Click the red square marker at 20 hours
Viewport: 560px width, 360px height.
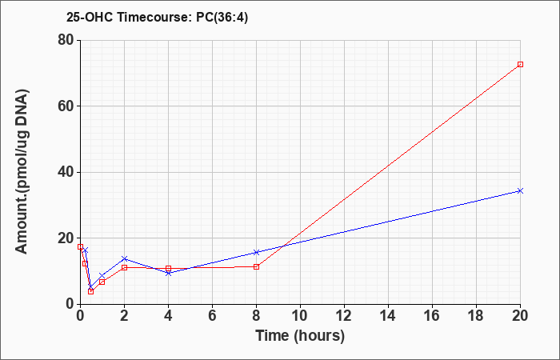[x=520, y=64]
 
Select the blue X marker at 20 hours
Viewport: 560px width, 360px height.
[x=520, y=190]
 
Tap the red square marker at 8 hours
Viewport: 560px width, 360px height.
[x=257, y=266]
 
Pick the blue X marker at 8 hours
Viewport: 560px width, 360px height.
[x=257, y=253]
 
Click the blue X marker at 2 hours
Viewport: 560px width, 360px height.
[x=124, y=258]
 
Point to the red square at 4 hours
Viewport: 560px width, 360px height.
[x=168, y=268]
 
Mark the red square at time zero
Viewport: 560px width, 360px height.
[x=80, y=246]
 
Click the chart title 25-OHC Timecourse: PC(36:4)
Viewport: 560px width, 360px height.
[x=157, y=17]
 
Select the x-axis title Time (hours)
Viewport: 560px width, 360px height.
[x=300, y=336]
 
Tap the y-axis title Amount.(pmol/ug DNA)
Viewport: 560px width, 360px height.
[x=22, y=172]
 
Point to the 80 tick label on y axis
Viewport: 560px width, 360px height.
[x=66, y=40]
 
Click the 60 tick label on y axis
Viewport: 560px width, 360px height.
[x=66, y=106]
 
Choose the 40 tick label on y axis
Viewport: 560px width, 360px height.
[x=66, y=172]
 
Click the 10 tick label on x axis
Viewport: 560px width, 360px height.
[x=300, y=316]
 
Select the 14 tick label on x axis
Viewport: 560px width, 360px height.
[x=388, y=316]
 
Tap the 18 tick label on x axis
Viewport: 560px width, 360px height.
[x=476, y=316]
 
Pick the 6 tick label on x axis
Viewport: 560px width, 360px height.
[x=212, y=316]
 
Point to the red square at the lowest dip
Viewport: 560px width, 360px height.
[x=90, y=291]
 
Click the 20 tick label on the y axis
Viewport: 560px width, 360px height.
[x=66, y=238]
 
